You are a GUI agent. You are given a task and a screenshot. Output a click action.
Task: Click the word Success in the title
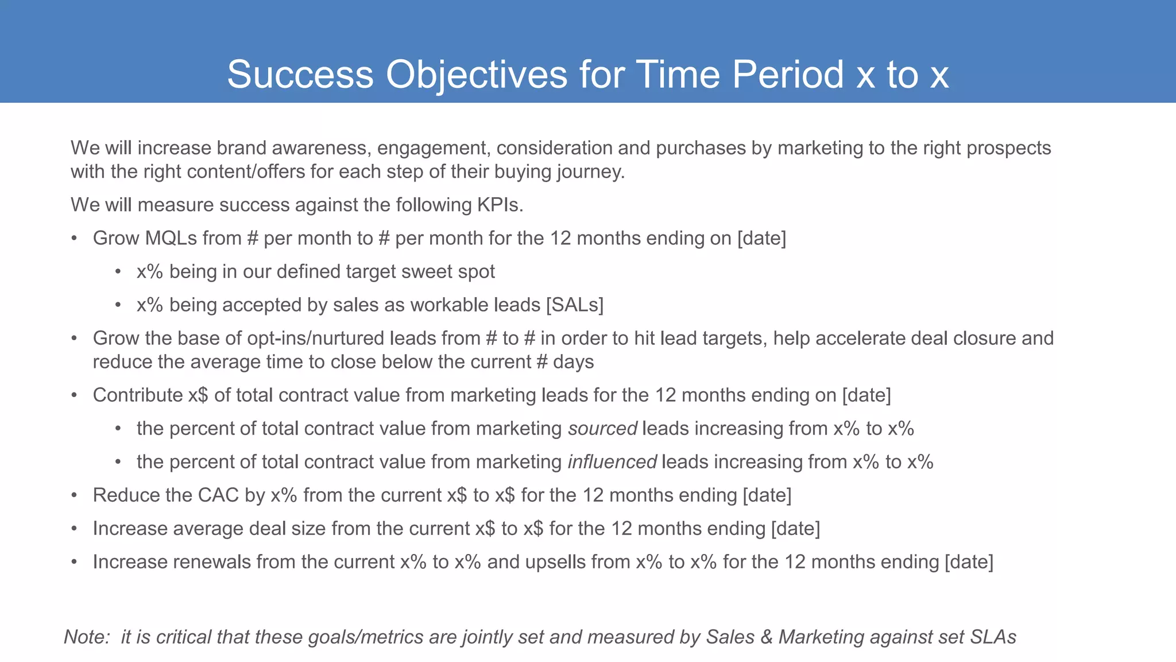coord(300,75)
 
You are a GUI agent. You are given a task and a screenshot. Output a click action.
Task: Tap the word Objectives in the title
coord(477,75)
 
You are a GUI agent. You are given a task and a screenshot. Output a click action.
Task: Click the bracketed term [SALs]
coord(575,305)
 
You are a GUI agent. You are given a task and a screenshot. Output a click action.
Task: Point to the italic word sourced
coord(602,429)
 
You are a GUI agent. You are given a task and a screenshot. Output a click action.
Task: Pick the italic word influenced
coord(612,462)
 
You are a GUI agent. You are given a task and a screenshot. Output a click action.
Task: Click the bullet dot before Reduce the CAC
coord(74,495)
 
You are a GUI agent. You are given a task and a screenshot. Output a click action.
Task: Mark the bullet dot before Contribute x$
coord(74,395)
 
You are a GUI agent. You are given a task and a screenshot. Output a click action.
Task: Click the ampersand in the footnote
coord(766,637)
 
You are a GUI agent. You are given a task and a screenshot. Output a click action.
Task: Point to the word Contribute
coord(137,395)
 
